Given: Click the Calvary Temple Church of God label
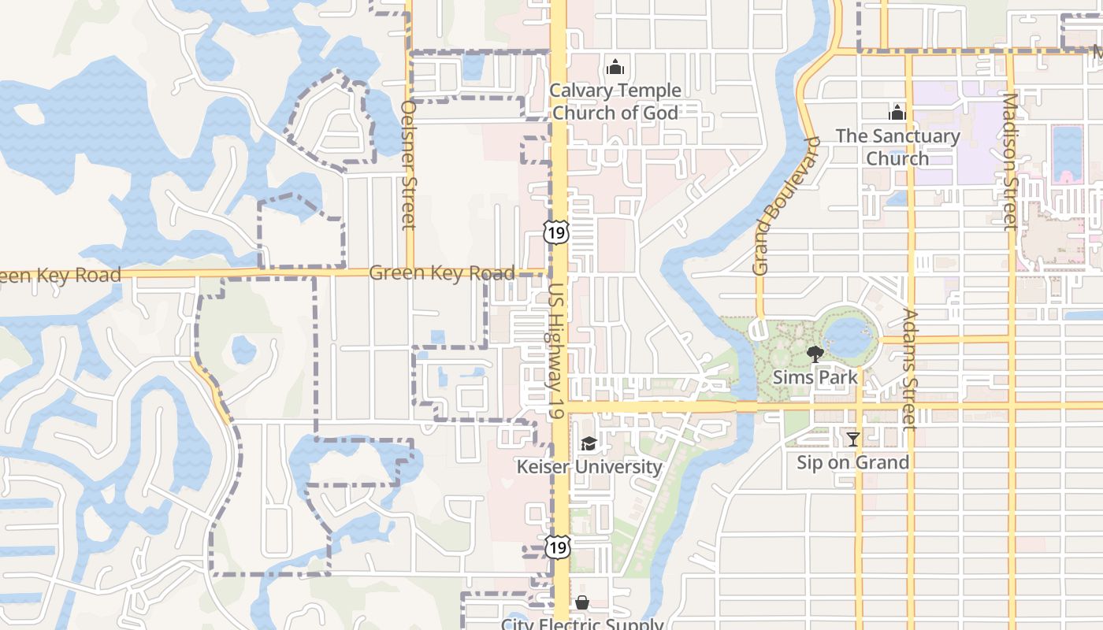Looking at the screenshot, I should (615, 102).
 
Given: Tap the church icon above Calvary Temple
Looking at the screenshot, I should (615, 68).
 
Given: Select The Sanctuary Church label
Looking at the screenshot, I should (897, 147).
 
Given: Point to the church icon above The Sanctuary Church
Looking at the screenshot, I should (897, 113).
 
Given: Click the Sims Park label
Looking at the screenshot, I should (815, 377).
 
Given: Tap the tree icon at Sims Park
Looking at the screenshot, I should (815, 354).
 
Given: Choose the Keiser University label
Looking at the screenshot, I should (589, 466).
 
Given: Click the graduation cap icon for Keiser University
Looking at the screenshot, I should (589, 444).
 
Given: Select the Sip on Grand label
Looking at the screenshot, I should (852, 462).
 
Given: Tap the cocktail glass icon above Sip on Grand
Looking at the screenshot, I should (852, 439).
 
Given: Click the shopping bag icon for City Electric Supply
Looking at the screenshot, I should (582, 602).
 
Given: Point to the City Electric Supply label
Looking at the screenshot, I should (582, 624).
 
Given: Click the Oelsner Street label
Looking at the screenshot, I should (408, 165).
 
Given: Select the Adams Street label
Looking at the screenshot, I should (909, 369).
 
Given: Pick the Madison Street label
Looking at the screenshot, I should (1010, 161).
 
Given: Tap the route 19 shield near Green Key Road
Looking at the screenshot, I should (555, 232).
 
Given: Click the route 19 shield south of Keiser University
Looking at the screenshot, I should (558, 547).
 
